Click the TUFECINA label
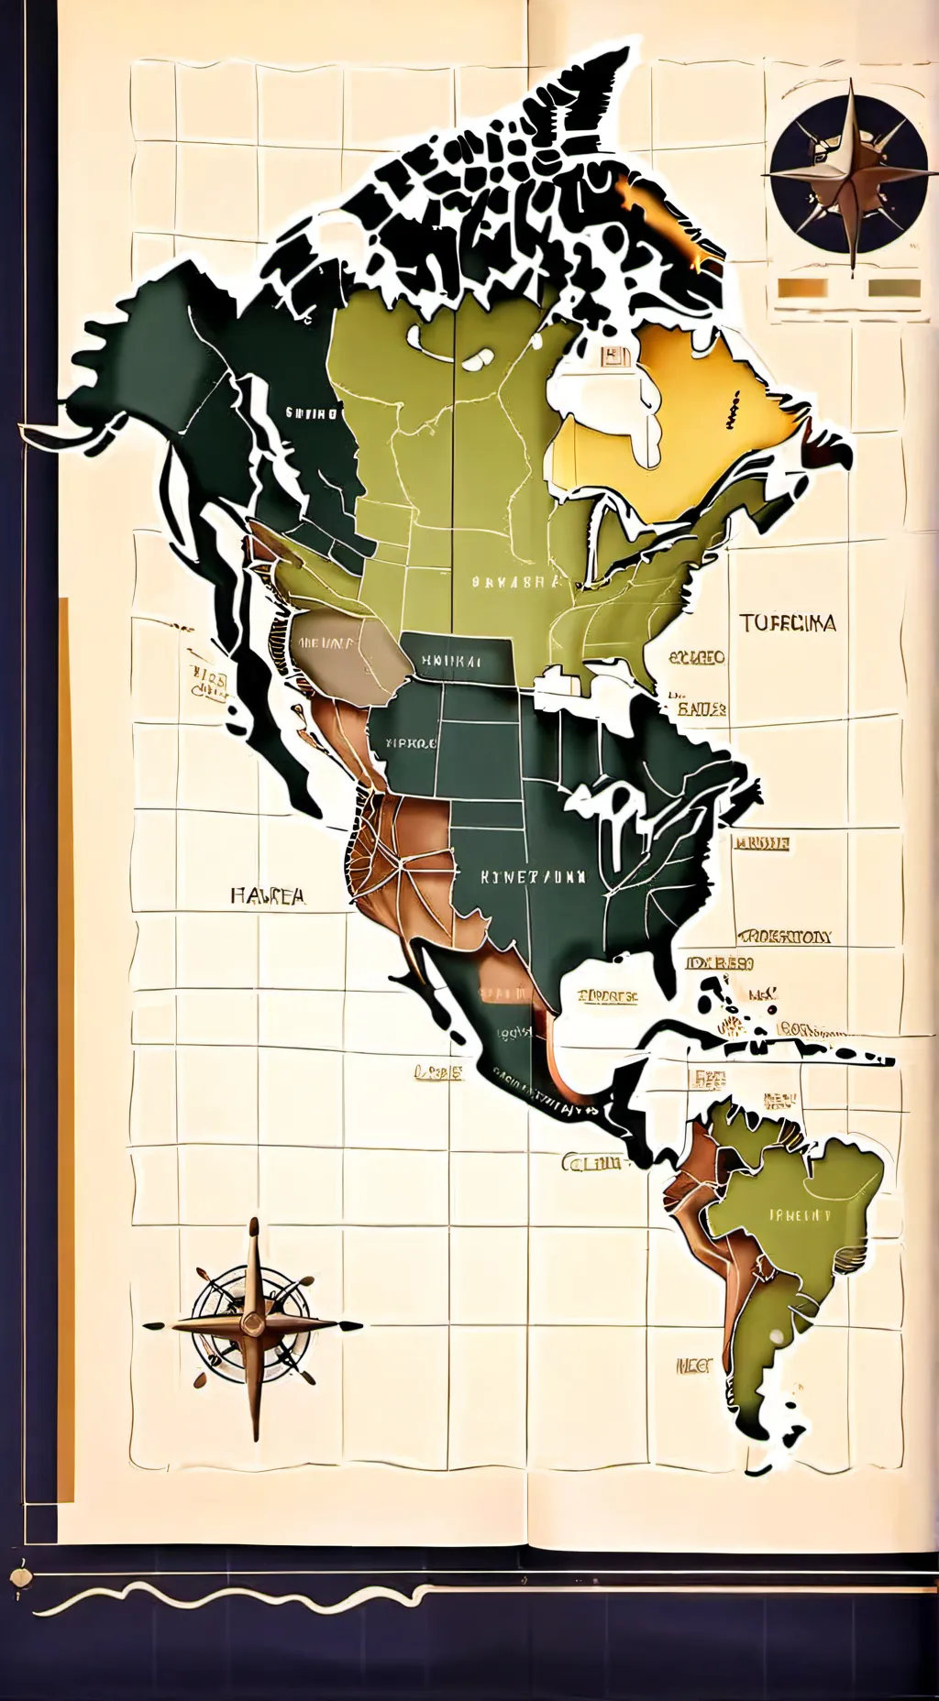point(788,623)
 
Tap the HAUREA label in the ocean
point(268,895)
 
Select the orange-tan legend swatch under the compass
point(802,290)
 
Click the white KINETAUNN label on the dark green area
point(533,876)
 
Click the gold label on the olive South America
point(799,1215)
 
